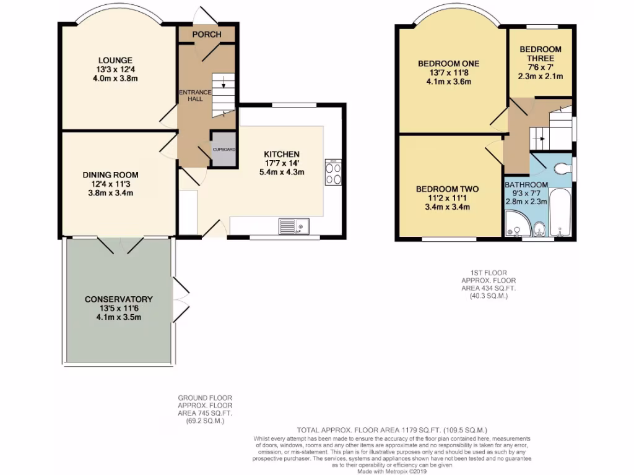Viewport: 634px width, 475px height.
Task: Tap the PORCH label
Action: (x=206, y=34)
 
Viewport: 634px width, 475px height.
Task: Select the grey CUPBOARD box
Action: (x=223, y=149)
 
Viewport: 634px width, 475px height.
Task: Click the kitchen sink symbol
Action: (x=293, y=226)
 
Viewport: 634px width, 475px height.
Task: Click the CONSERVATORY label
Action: (x=118, y=299)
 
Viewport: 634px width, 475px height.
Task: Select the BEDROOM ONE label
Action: (x=448, y=63)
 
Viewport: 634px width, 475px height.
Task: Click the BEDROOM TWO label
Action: (x=447, y=189)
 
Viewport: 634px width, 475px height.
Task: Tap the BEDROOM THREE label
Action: (x=540, y=54)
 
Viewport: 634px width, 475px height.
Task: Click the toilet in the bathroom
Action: (x=562, y=168)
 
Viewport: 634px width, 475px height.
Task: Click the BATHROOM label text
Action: (x=526, y=185)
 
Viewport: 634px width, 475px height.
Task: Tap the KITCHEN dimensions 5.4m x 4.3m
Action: (x=282, y=173)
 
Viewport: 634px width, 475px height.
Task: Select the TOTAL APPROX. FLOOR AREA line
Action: (x=393, y=430)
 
